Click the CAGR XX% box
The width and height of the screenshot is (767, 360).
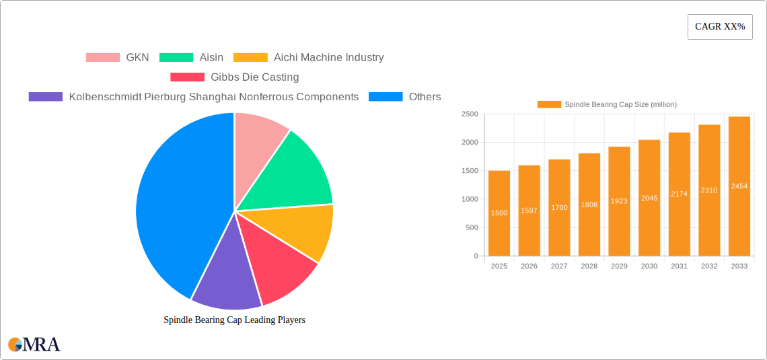pos(720,27)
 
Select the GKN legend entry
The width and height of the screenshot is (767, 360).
pos(117,57)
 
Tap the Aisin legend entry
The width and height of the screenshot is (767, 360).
pos(191,57)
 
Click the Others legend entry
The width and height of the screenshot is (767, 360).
pos(404,96)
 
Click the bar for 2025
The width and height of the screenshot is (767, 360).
pos(499,213)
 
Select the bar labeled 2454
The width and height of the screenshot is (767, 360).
pos(739,186)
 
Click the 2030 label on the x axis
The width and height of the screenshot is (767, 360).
pos(649,266)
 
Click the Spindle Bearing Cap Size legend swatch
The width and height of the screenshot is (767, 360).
pos(549,104)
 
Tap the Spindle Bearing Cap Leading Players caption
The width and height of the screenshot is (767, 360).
pos(234,320)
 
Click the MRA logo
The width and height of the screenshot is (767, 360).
pos(34,345)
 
